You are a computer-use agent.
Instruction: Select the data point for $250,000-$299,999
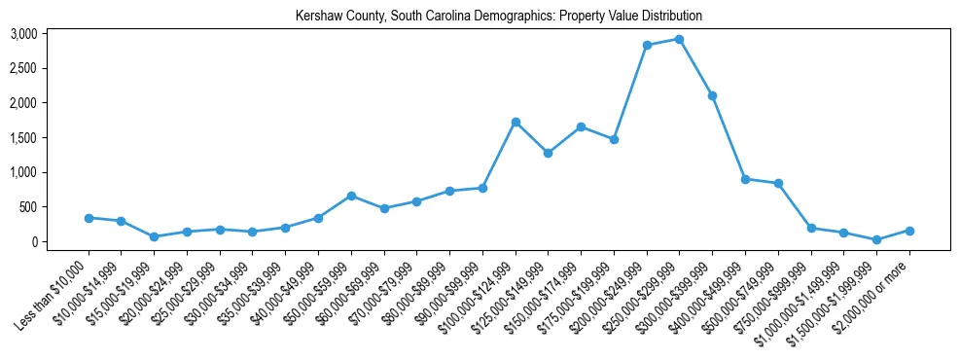tap(680, 39)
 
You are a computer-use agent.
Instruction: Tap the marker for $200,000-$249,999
tap(647, 45)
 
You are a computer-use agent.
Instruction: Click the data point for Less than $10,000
tap(89, 218)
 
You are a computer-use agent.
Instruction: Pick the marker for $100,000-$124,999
tap(516, 122)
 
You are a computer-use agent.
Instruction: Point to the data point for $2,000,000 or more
tap(909, 231)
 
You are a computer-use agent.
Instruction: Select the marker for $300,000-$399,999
tap(713, 95)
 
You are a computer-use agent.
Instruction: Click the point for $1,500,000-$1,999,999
tap(877, 239)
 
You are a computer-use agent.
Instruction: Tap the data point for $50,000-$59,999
tap(351, 196)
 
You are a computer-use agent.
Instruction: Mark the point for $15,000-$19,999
tap(155, 236)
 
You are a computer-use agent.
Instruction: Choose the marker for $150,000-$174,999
tap(581, 126)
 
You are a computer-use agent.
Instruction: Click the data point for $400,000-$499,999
tap(745, 179)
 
